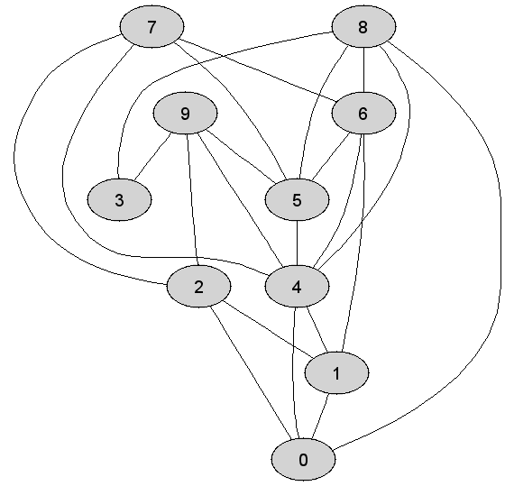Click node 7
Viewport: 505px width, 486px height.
coord(152,27)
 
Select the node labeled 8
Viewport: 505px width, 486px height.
coord(363,27)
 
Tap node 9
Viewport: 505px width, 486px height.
coord(185,113)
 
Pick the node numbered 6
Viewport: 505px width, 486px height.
coord(363,113)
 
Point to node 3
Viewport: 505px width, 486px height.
coord(119,199)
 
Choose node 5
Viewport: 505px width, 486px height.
coord(297,199)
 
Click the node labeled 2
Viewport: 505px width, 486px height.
coord(198,287)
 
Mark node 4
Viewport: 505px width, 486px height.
coord(297,287)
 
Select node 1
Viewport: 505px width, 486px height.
coord(336,373)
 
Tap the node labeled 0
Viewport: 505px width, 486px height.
coord(303,459)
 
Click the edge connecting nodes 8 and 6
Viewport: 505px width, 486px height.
coord(364,70)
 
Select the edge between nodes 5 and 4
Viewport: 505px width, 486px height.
coord(297,243)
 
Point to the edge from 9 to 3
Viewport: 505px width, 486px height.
coord(152,157)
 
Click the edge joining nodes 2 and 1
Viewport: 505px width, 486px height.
coord(268,329)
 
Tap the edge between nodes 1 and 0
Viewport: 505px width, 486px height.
coord(320,416)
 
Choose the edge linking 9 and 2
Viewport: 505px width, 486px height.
coord(192,199)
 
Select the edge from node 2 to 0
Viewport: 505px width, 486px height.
coord(251,373)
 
